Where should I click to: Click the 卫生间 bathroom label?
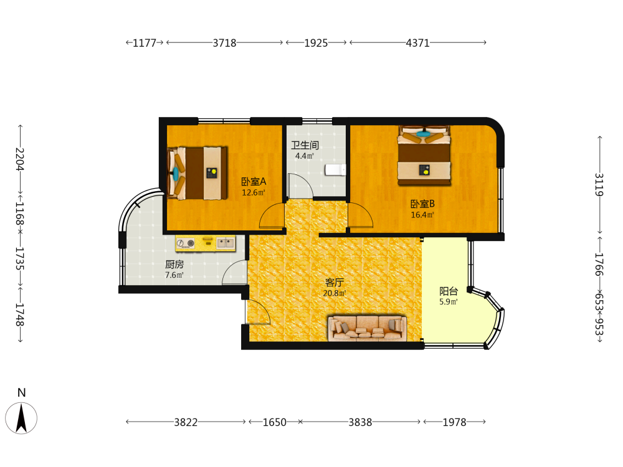tap(305, 145)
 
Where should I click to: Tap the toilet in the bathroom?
tap(335, 169)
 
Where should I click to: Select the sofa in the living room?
tap(367, 328)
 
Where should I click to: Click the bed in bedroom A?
tap(197, 173)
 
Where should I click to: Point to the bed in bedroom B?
tap(424, 156)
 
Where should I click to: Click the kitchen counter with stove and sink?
tap(206, 243)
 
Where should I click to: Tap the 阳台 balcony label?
tap(449, 291)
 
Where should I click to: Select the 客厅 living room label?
tap(334, 282)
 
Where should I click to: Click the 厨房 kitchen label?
tap(174, 264)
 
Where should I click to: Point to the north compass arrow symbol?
tap(21, 418)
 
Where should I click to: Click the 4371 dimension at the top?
tap(417, 43)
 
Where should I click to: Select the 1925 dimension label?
tap(316, 43)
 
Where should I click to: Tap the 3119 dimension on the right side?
tap(599, 185)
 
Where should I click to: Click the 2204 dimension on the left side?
tap(20, 159)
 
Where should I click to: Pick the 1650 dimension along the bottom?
tap(274, 422)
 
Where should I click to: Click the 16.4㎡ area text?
tap(422, 215)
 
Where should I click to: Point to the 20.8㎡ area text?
tap(334, 293)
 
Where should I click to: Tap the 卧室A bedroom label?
tap(254, 182)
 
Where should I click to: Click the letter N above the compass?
tap(21, 393)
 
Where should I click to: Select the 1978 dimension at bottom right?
tap(455, 422)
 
